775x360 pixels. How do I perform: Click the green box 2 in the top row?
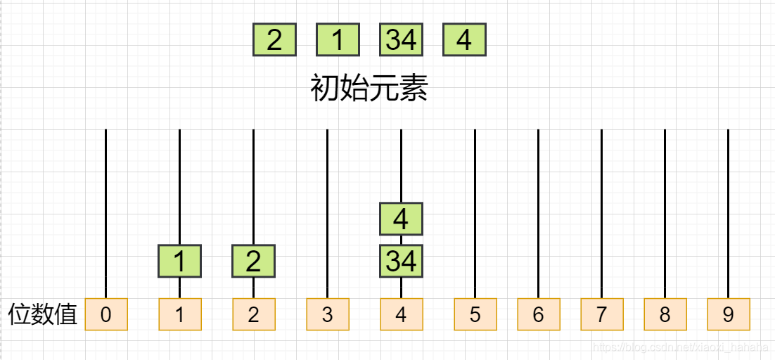pyautogui.click(x=274, y=39)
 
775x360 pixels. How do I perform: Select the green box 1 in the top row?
pyautogui.click(x=338, y=39)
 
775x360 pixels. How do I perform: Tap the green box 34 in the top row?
pyautogui.click(x=401, y=39)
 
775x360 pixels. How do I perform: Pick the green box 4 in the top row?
pyautogui.click(x=464, y=39)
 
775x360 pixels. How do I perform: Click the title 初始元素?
pyautogui.click(x=369, y=89)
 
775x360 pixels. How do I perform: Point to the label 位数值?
pyautogui.click(x=42, y=314)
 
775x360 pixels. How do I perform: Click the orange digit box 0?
pyautogui.click(x=105, y=314)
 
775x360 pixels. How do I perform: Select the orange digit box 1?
pyautogui.click(x=179, y=314)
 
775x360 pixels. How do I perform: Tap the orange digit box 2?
pyautogui.click(x=253, y=314)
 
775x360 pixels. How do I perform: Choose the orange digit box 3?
pyautogui.click(x=327, y=314)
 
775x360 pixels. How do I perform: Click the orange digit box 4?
pyautogui.click(x=401, y=314)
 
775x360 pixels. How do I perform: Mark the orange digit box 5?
pyautogui.click(x=475, y=314)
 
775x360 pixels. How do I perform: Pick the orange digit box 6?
pyautogui.click(x=538, y=314)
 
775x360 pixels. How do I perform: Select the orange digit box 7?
pyautogui.click(x=601, y=314)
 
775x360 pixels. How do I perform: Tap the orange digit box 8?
pyautogui.click(x=665, y=314)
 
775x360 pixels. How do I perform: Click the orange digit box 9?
pyautogui.click(x=728, y=314)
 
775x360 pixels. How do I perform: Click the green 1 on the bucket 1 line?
pyautogui.click(x=179, y=261)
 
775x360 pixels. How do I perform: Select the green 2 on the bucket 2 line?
pyautogui.click(x=253, y=261)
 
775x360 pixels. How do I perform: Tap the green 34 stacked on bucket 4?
pyautogui.click(x=401, y=261)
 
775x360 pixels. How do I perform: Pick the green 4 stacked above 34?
pyautogui.click(x=401, y=219)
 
